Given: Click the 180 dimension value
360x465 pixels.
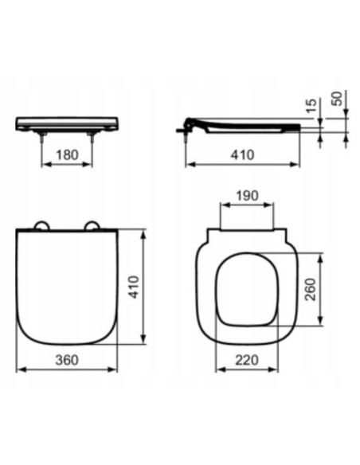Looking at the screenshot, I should [x=67, y=155].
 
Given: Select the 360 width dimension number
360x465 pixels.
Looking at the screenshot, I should [x=67, y=360].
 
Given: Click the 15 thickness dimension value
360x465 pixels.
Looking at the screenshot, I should [x=311, y=104].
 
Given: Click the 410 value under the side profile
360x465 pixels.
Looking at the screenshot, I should [x=241, y=155].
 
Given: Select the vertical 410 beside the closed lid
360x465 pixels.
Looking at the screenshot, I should [x=134, y=287].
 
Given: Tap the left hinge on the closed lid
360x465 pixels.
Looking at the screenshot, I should [x=39, y=225].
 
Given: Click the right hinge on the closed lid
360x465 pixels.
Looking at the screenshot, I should [x=94, y=225].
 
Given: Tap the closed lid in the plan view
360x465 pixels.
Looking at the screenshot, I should [x=67, y=287].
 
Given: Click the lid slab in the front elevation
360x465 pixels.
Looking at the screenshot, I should [x=67, y=123].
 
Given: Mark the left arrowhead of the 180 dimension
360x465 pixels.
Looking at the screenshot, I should [x=43, y=166].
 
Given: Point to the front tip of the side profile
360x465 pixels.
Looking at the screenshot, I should [x=299, y=127].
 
